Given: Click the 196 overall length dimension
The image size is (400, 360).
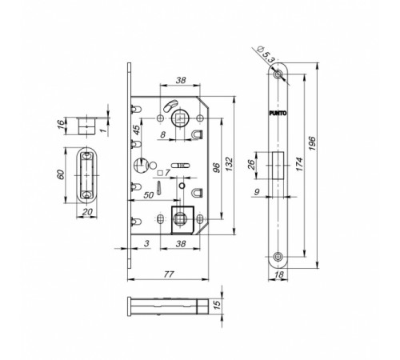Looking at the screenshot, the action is pos(312,143).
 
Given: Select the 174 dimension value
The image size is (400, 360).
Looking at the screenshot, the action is pos(299,164).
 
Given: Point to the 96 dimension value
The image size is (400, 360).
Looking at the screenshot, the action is pos(217,167).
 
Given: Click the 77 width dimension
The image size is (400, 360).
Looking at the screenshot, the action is pos(169,274).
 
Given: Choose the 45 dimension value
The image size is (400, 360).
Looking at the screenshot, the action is pos(136,130).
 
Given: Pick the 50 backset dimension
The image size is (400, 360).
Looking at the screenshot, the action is pos(149,195).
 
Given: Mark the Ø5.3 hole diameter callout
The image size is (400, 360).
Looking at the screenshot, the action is pos(265,54).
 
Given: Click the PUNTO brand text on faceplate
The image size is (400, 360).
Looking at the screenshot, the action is pos(278,113).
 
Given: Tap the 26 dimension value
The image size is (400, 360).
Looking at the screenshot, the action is pos(251,165).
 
